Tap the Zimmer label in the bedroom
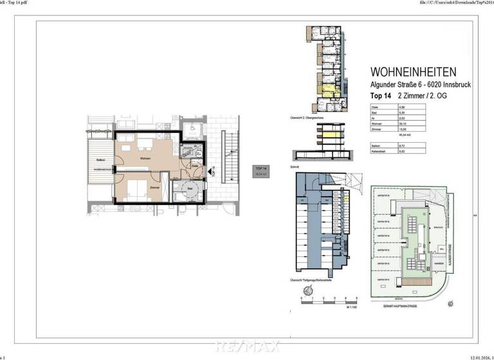155,187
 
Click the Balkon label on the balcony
100,159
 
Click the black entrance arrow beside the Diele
207,172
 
